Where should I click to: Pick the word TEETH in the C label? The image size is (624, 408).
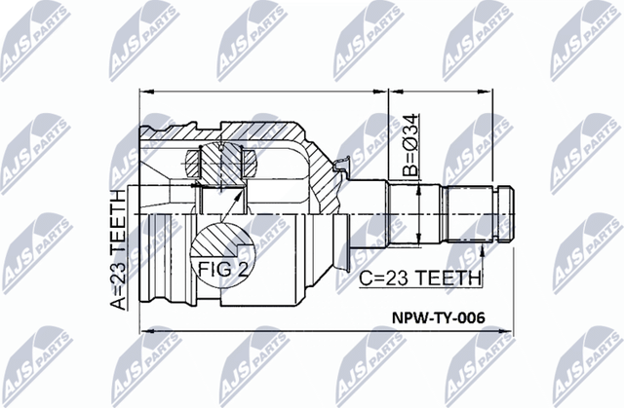click(448, 278)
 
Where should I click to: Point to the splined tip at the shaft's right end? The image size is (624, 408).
click(508, 212)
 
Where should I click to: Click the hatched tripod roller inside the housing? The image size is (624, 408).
click(222, 162)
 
